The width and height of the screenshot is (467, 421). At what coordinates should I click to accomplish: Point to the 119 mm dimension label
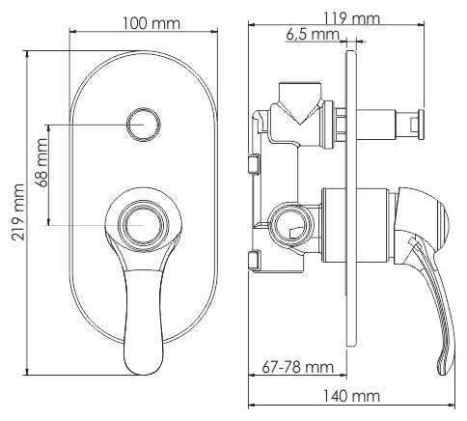coord(349,17)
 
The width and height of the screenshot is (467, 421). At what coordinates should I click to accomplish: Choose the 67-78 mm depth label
coord(297,367)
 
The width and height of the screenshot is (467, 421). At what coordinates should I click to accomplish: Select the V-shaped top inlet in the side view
coord(300,100)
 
